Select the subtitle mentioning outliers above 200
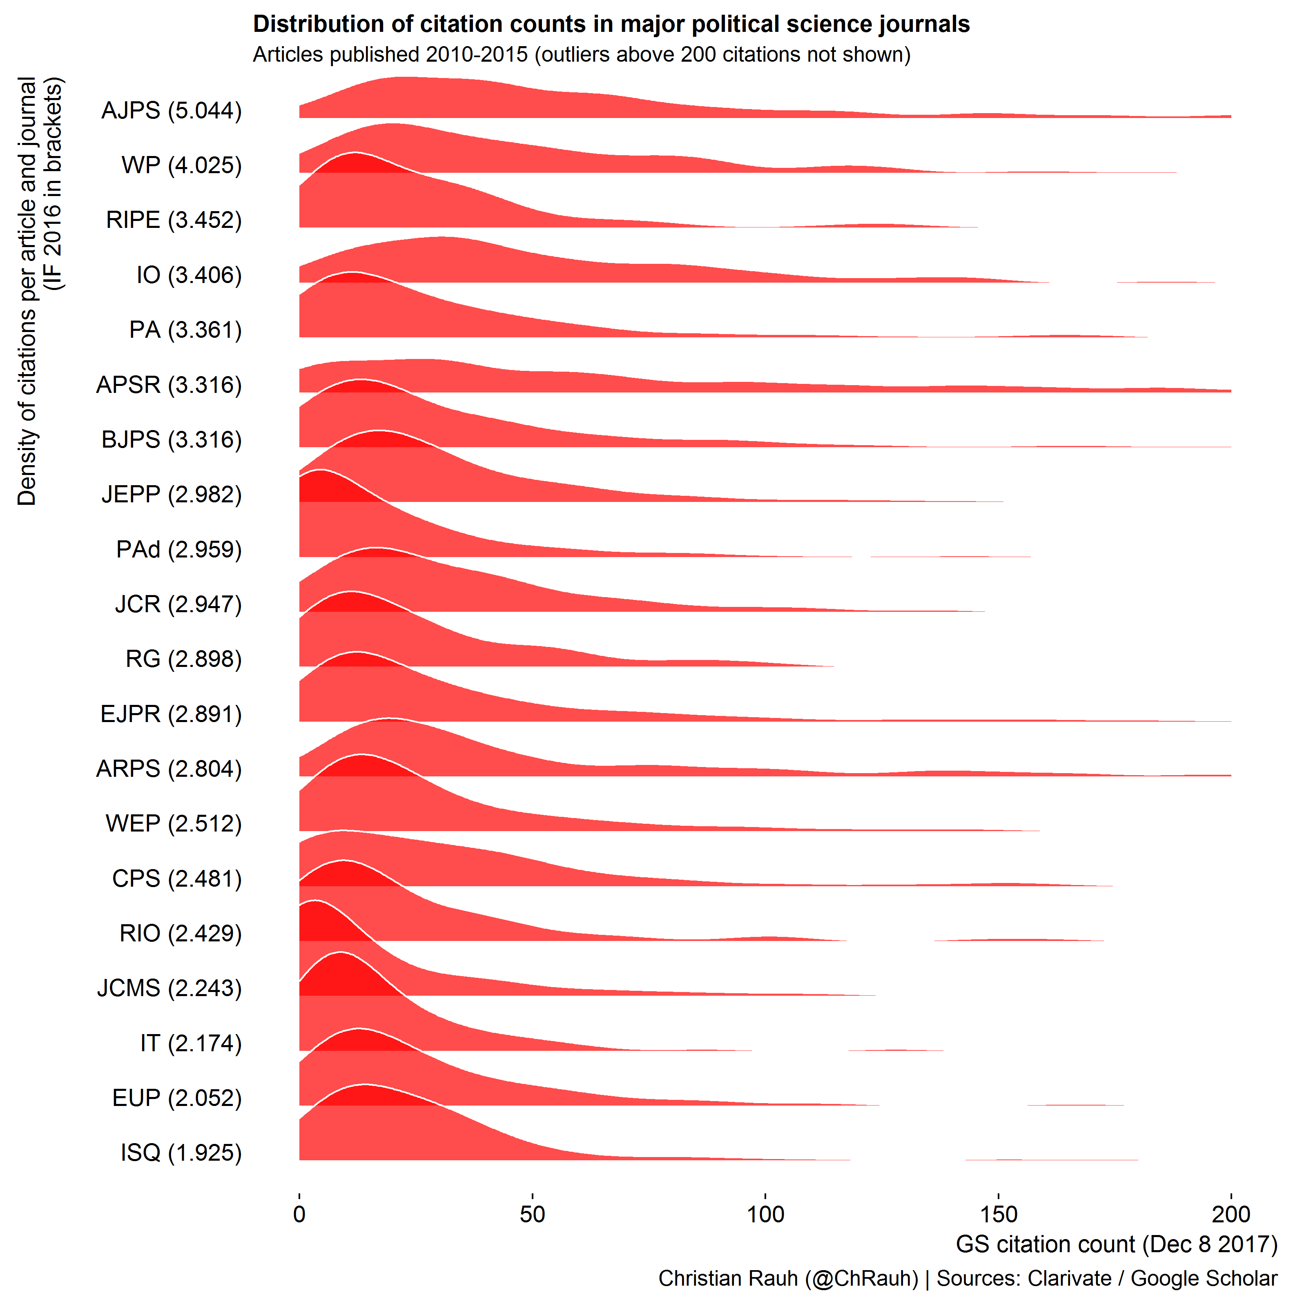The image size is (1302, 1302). point(581,55)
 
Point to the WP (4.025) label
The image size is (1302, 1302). point(181,165)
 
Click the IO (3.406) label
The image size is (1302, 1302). point(189,275)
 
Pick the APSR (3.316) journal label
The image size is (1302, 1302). point(169,385)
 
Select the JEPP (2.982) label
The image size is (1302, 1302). point(171,495)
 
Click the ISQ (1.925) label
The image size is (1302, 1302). point(181,1153)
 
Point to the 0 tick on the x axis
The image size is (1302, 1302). point(299,1214)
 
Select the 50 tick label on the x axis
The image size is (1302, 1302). point(533,1214)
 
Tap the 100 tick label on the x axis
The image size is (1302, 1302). point(766,1214)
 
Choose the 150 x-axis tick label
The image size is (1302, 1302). point(998,1214)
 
